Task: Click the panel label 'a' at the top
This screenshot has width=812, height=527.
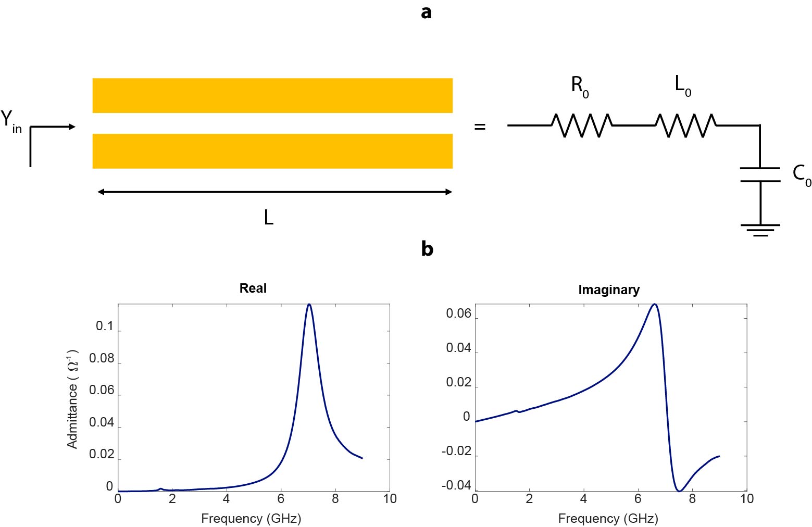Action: tap(426, 12)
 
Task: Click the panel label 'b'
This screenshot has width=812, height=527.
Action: tap(427, 249)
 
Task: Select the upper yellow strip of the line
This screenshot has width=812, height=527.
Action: tap(272, 95)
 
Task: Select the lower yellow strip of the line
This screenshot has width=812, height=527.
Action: tap(272, 151)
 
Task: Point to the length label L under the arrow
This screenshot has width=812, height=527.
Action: tap(268, 217)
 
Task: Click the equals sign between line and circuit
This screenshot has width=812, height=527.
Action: tap(480, 127)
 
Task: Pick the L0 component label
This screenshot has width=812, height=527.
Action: tap(682, 84)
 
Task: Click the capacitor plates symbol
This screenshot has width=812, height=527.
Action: tap(760, 175)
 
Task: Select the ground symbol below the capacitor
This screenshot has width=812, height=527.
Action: tap(760, 230)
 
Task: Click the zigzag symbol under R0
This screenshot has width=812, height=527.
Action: tap(582, 126)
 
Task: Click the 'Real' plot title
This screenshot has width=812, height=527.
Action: tap(253, 288)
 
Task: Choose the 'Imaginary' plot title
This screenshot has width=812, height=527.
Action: tap(609, 290)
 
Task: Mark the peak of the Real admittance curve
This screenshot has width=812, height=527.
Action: tap(309, 304)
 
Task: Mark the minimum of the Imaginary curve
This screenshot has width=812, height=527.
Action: tap(679, 491)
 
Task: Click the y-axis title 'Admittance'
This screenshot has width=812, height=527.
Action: tap(72, 399)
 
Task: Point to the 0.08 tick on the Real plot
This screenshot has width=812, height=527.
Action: tap(102, 358)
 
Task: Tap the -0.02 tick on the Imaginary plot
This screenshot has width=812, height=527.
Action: tap(456, 451)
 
